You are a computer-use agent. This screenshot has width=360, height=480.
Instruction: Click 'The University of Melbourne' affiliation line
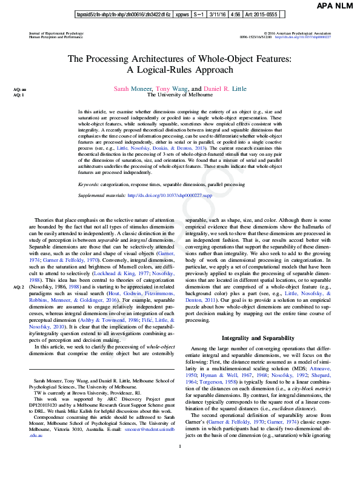click(x=180, y=95)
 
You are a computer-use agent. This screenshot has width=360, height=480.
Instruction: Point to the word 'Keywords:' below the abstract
click(x=90, y=166)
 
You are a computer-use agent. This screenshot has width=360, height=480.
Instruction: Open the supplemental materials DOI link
click(x=171, y=179)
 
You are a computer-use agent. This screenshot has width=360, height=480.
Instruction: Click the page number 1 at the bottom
click(x=180, y=464)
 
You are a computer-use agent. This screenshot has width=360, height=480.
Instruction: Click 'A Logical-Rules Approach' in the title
click(x=180, y=70)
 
